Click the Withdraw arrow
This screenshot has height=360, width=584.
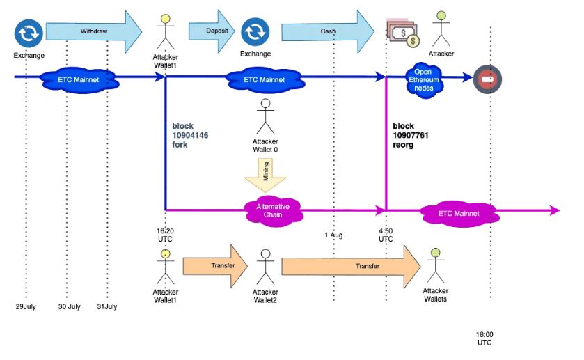pyautogui.click(x=94, y=31)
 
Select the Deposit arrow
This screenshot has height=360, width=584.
pyautogui.click(x=212, y=31)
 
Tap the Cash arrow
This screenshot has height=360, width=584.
pyautogui.click(x=328, y=31)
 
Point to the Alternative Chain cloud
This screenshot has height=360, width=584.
pyautogui.click(x=273, y=211)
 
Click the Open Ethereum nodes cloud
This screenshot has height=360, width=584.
pyautogui.click(x=423, y=80)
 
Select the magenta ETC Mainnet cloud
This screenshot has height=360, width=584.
pyautogui.click(x=459, y=214)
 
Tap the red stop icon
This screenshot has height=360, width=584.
pyautogui.click(x=487, y=79)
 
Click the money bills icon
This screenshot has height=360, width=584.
pyautogui.click(x=403, y=33)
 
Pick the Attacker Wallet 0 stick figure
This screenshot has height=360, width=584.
pyautogui.click(x=265, y=116)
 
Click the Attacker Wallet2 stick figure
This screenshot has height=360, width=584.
pyautogui.click(x=265, y=267)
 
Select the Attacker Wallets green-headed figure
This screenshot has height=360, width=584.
pyautogui.click(x=436, y=265)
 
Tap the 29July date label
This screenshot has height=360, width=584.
pyautogui.click(x=26, y=306)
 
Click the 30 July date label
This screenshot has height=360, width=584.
pyautogui.click(x=70, y=306)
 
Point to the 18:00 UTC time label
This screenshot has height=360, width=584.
pyautogui.click(x=484, y=338)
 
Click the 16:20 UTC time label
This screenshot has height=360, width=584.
pyautogui.click(x=165, y=235)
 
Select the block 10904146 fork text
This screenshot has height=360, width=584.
pyautogui.click(x=190, y=135)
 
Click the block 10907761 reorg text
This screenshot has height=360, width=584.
pyautogui.click(x=411, y=135)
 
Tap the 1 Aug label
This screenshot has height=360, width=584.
pyautogui.click(x=333, y=235)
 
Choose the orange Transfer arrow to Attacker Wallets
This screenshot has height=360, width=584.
pyautogui.click(x=352, y=267)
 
